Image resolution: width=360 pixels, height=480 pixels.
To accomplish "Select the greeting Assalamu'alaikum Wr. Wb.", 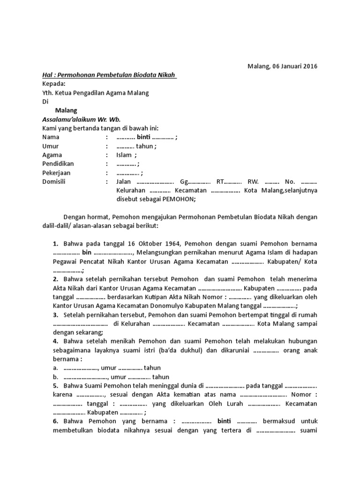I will pos(81,120).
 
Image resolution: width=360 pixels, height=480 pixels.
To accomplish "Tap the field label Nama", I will pos(51,137).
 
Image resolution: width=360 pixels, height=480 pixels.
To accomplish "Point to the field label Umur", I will pos(51,146).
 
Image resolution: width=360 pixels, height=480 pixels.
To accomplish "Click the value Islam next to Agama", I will pos(124,155).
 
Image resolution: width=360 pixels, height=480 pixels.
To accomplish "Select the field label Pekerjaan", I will pos(56,173).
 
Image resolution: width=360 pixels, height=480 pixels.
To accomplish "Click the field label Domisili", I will pos(55,182).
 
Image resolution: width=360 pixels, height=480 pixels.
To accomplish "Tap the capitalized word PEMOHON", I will pos(178,199).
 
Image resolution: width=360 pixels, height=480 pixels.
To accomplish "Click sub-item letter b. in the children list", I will pos(55,377).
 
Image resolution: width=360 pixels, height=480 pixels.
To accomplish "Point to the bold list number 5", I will pos(55,386).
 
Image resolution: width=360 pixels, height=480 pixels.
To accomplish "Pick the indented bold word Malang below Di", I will pos(65,111).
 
